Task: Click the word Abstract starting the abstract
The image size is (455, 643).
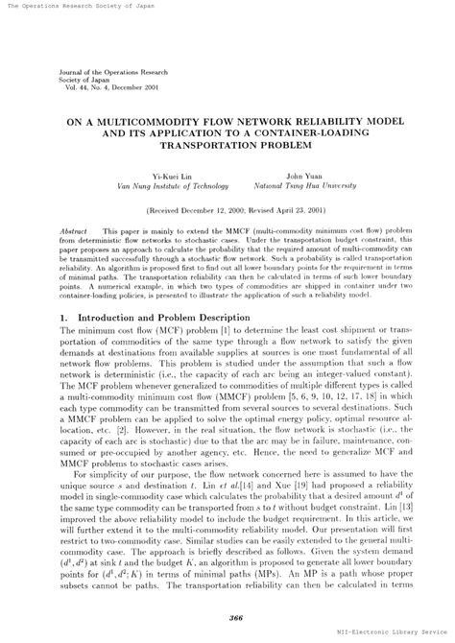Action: [74, 232]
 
